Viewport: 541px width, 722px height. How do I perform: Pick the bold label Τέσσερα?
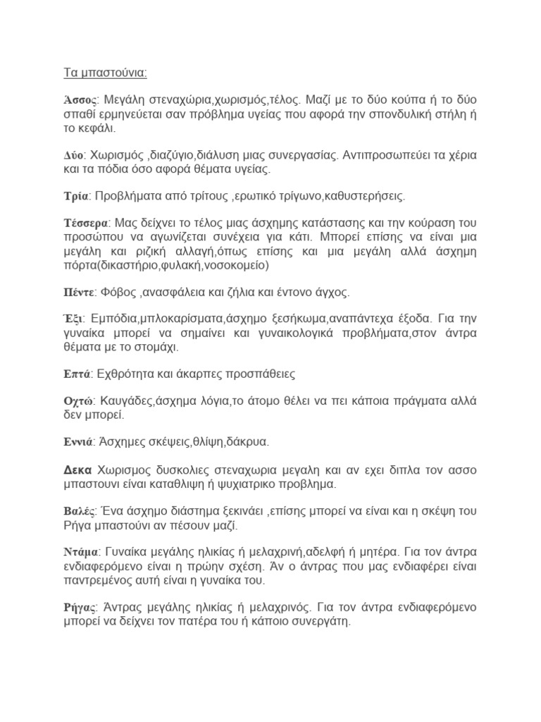click(x=83, y=223)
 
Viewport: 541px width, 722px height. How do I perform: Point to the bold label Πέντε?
click(x=77, y=292)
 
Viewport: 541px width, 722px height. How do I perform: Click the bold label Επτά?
click(x=75, y=374)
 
